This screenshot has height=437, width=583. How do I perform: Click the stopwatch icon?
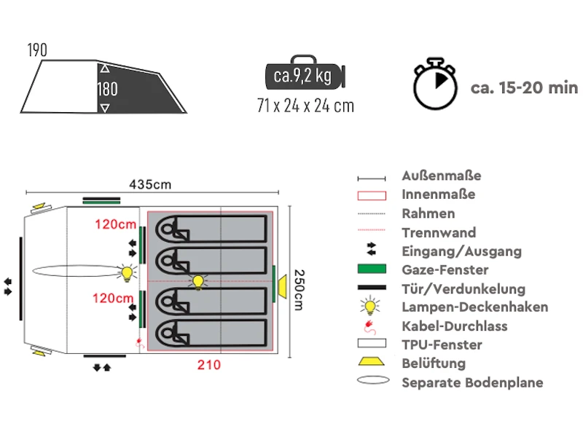click(x=436, y=85)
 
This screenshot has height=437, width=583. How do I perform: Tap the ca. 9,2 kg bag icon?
click(x=305, y=76)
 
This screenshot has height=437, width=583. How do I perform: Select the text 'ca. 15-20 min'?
click(x=524, y=88)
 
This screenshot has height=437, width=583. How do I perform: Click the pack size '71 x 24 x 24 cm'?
click(x=305, y=106)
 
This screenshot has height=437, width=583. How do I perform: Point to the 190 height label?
click(x=37, y=50)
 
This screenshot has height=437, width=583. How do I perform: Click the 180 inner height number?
click(x=107, y=89)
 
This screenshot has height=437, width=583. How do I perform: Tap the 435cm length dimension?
click(x=150, y=184)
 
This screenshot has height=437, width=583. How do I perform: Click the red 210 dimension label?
click(x=209, y=365)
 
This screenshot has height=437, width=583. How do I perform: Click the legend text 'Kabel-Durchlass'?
click(x=454, y=326)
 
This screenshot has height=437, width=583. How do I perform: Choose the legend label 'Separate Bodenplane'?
click(x=472, y=382)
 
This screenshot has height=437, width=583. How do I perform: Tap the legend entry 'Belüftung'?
click(x=433, y=363)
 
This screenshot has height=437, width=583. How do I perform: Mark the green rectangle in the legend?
click(x=371, y=270)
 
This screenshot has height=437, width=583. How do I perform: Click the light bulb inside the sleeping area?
click(x=197, y=282)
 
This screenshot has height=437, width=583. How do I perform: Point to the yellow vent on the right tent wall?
click(x=280, y=282)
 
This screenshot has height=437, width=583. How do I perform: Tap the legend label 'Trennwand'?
click(x=439, y=232)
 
